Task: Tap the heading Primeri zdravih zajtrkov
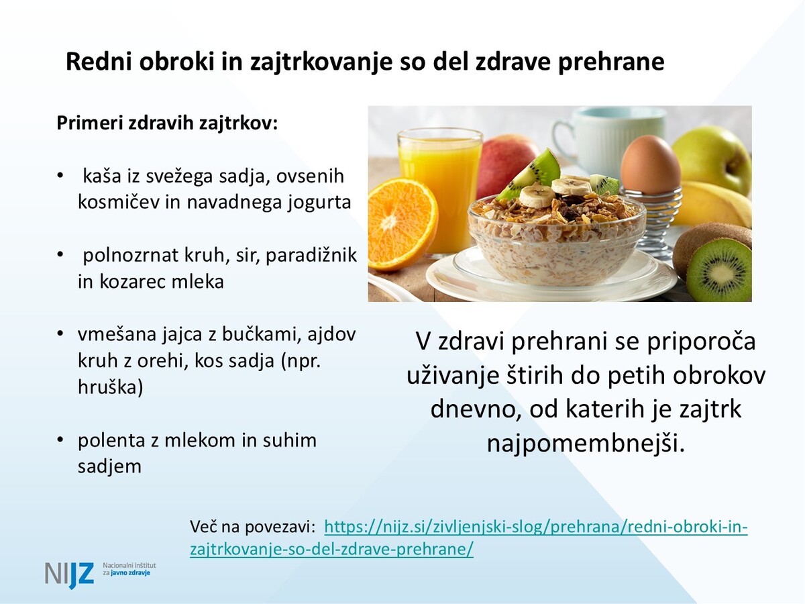167,123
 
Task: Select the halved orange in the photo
402,223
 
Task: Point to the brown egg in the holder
650,164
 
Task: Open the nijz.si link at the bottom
469,538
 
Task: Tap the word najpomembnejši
586,443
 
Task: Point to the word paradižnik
311,256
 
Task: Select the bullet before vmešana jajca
60,334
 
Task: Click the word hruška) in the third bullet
111,387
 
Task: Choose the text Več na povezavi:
253,527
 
